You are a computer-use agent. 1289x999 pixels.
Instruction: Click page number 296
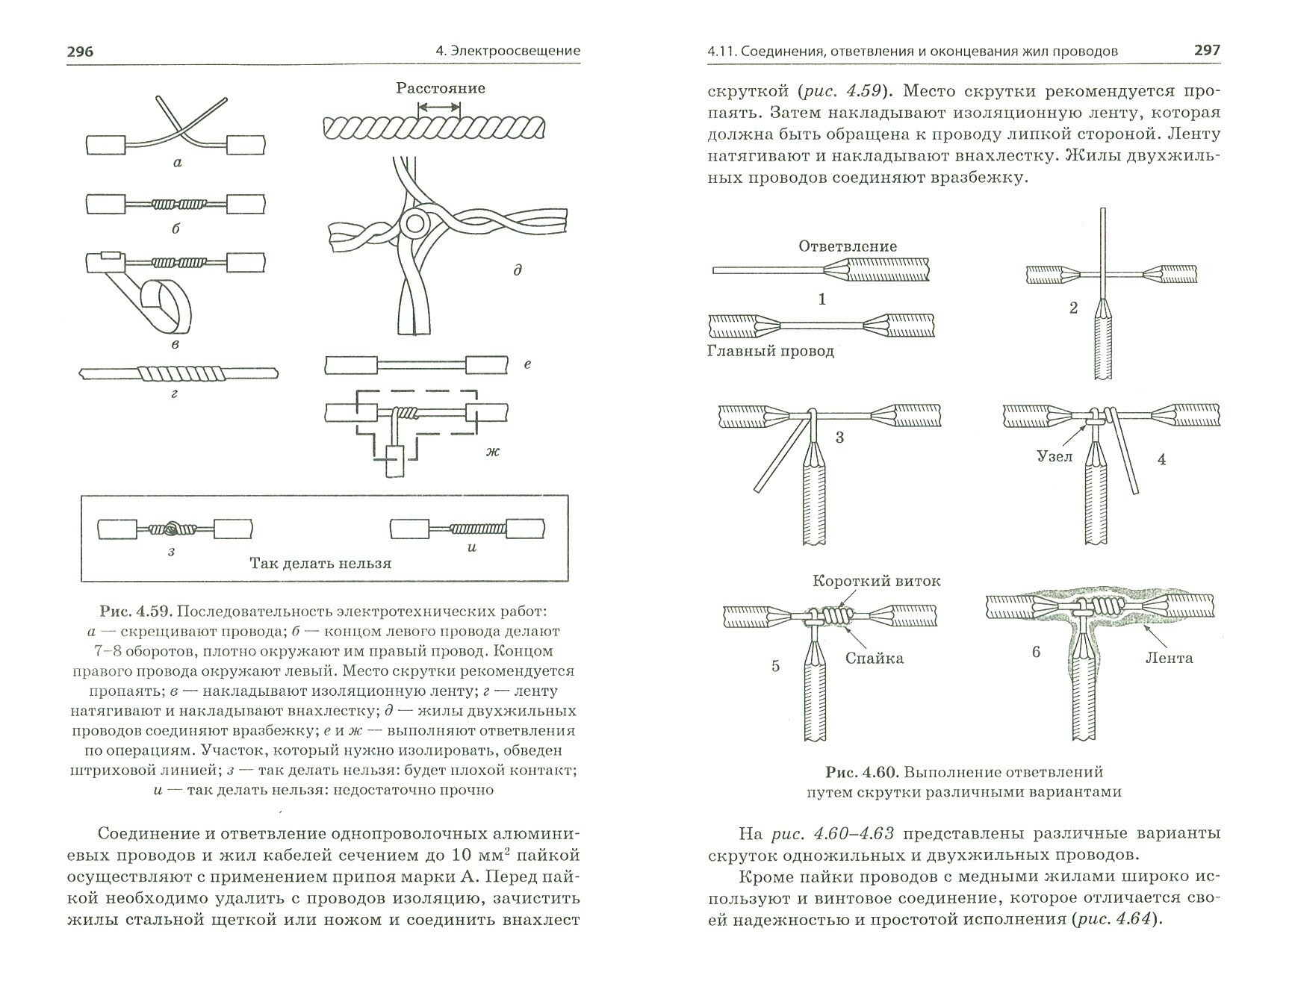pos(80,52)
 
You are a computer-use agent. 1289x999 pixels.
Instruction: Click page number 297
pos(1207,50)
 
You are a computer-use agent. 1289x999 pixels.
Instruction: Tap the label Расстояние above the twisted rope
pos(440,88)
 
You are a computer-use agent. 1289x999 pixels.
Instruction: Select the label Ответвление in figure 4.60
pos(847,246)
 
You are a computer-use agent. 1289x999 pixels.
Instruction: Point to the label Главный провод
pos(770,351)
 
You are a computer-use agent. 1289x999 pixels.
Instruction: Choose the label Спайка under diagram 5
pos(875,658)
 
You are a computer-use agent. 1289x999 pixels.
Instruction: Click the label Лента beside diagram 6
pos(1169,658)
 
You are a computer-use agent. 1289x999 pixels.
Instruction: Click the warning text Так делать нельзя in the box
pos(320,563)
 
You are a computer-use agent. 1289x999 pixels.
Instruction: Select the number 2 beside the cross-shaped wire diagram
pos(1073,308)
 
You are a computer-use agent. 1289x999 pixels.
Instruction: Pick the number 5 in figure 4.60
pos(775,665)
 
